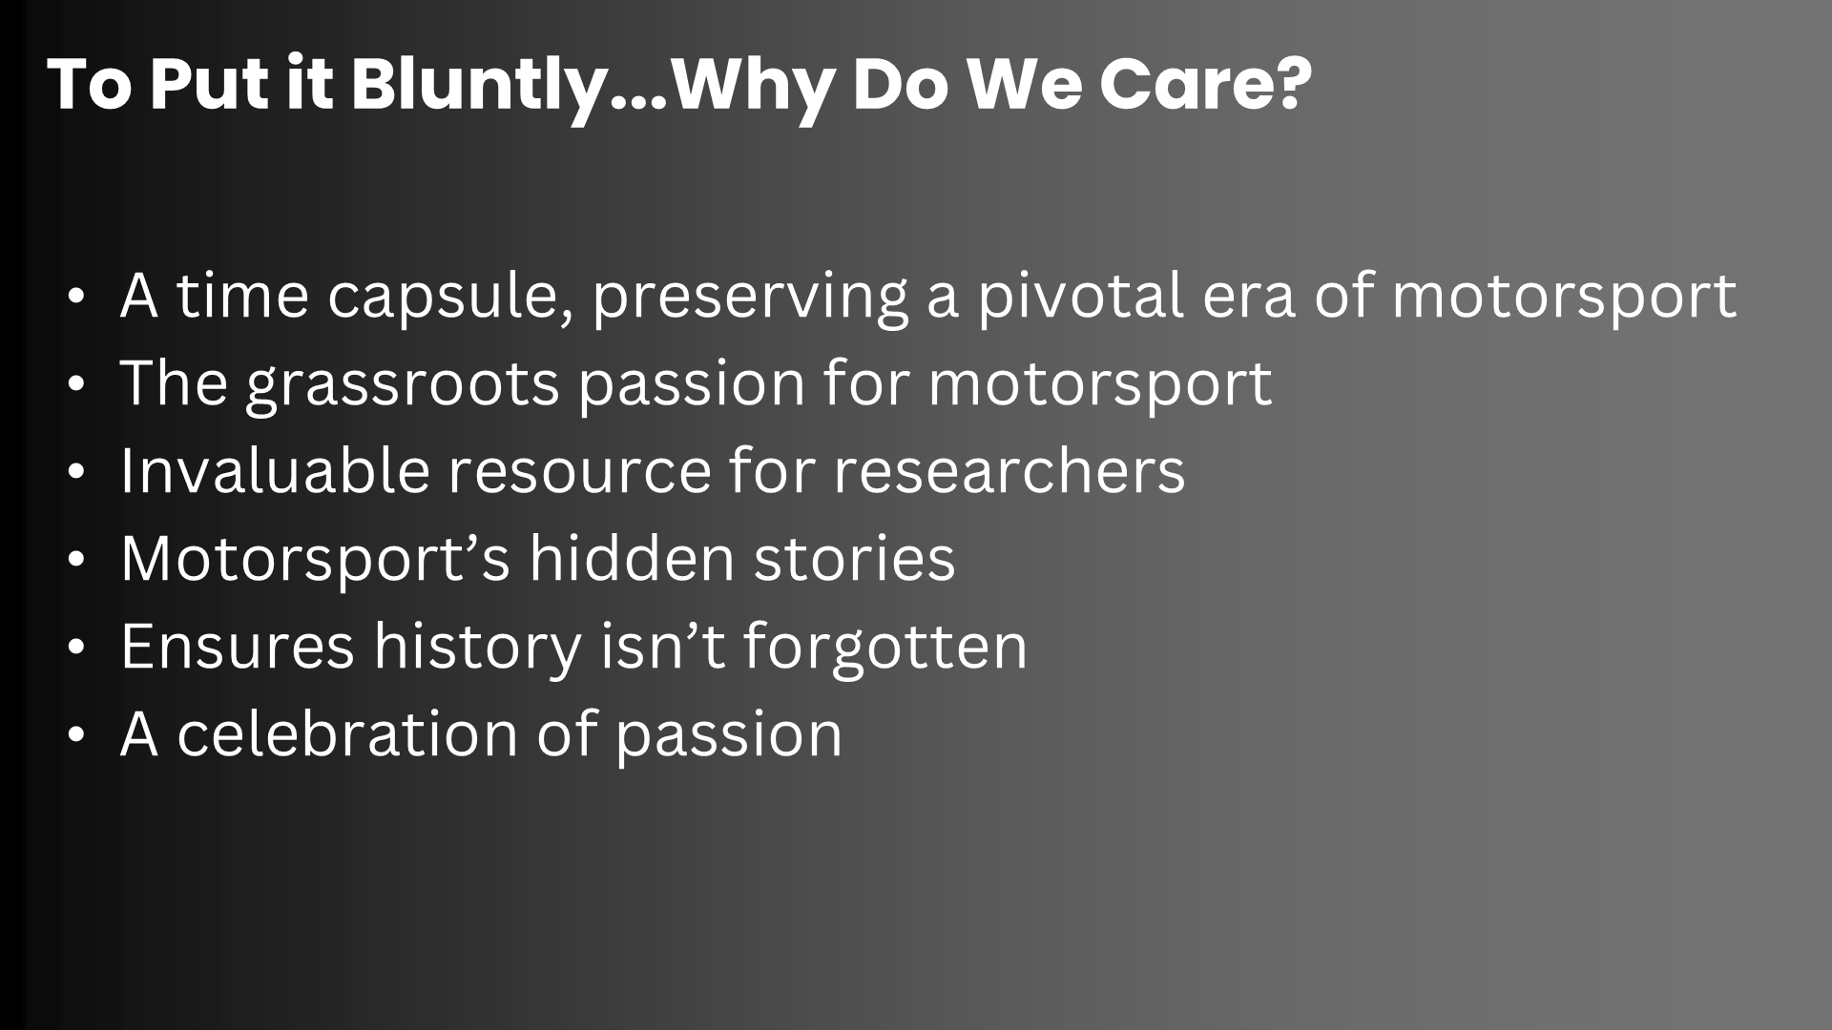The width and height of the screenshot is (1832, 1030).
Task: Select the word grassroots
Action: click(x=402, y=384)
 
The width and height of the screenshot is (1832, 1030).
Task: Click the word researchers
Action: click(x=1009, y=470)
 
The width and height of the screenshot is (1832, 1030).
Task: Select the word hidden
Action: click(x=632, y=558)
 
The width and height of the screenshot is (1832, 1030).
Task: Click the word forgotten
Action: click(x=885, y=646)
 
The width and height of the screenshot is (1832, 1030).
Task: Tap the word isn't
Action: click(x=663, y=646)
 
